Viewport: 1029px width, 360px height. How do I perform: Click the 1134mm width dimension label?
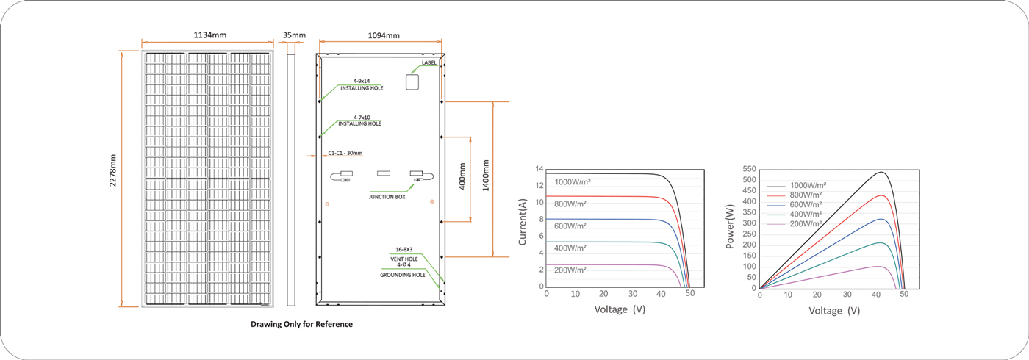click(209, 35)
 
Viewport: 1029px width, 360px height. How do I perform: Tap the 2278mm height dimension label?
click(113, 170)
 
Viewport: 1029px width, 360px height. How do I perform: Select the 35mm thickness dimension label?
click(294, 35)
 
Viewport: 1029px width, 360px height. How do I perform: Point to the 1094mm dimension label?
click(384, 35)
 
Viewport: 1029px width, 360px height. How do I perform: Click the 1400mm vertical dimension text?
click(486, 176)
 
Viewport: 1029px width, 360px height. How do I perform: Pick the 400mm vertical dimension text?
click(462, 176)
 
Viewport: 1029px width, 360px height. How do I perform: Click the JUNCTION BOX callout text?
click(387, 197)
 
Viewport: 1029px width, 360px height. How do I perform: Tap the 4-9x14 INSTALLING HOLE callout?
click(362, 84)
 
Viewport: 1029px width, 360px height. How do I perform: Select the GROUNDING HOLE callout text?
click(403, 275)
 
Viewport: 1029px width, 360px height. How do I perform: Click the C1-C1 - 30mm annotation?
click(345, 153)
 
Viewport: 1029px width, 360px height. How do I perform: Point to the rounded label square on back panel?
click(412, 82)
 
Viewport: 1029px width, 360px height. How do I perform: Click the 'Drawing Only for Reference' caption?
click(301, 324)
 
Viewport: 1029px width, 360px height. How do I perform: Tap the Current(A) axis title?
click(523, 222)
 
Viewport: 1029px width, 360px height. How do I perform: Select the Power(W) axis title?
click(730, 226)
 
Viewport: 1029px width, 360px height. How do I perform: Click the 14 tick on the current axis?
click(539, 169)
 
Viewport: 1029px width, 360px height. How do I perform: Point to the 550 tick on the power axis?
click(749, 169)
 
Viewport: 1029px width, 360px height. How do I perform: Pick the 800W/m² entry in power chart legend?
click(806, 195)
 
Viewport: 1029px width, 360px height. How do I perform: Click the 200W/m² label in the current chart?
click(570, 270)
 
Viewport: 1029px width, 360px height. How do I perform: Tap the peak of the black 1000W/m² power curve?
click(881, 172)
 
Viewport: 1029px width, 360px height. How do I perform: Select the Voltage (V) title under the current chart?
click(620, 309)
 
